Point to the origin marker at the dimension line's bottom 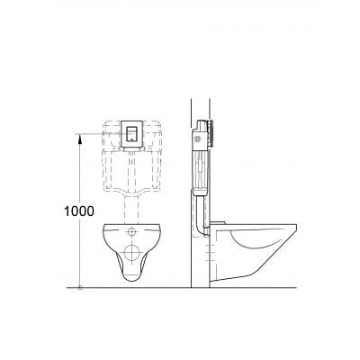(x=80, y=288)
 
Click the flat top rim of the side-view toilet (x=270, y=225)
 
